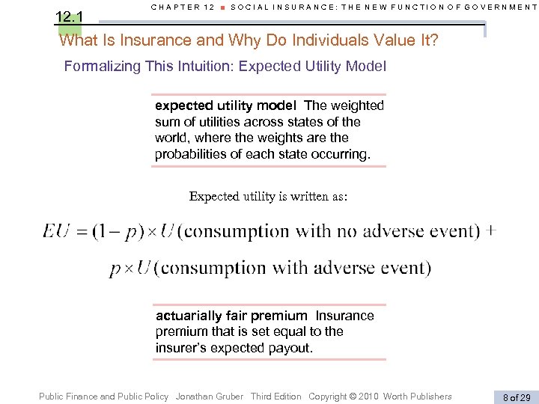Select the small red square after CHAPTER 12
pos(222,7)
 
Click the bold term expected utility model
pos(225,105)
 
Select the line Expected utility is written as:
pos(269,197)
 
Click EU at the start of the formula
pos(57,231)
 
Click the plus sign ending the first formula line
pos(490,230)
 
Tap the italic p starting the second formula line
pos(115,268)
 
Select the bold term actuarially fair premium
pos(231,316)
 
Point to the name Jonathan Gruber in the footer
pos(210,397)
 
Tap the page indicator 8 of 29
pos(515,397)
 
